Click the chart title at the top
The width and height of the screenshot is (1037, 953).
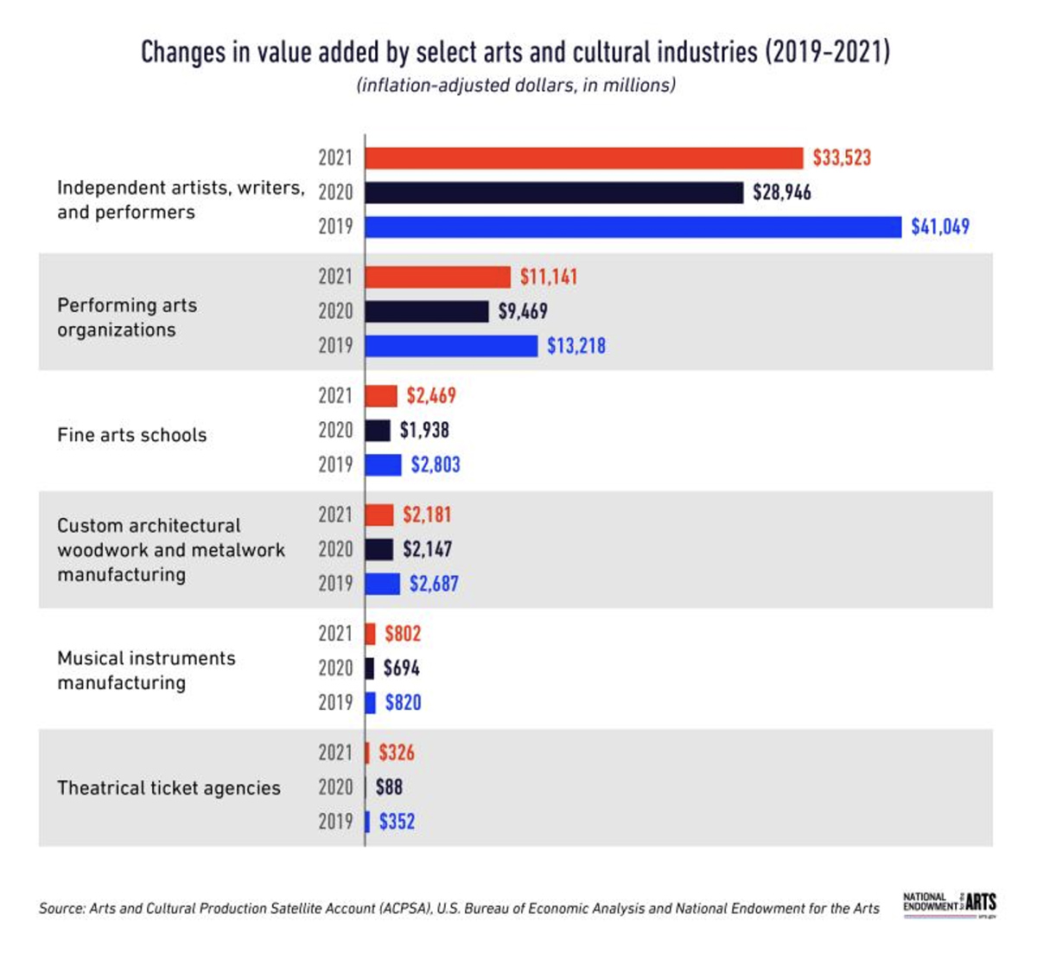(x=515, y=52)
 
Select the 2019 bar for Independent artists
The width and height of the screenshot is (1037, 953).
(x=633, y=227)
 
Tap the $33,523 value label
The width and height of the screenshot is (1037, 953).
(x=841, y=157)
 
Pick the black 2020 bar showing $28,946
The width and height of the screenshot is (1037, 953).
(x=553, y=192)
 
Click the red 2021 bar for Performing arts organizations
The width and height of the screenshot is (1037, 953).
(x=437, y=277)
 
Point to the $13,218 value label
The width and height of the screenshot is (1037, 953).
(x=576, y=346)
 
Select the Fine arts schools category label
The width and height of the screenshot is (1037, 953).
(x=131, y=435)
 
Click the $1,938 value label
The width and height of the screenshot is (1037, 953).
(x=423, y=430)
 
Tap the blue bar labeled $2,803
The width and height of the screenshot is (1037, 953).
(x=383, y=464)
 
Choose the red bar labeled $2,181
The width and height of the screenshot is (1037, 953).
(x=379, y=515)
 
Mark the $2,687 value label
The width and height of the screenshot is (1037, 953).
(x=433, y=584)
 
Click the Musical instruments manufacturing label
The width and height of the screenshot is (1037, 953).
(x=145, y=670)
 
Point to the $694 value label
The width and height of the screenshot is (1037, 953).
(x=401, y=668)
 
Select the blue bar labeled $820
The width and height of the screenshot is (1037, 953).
(x=370, y=702)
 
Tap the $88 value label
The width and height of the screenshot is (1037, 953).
(x=388, y=787)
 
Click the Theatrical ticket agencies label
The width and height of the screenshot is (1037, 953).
(x=169, y=788)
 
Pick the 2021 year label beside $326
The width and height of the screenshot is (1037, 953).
(x=335, y=752)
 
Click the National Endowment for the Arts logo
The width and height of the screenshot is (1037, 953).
(x=949, y=904)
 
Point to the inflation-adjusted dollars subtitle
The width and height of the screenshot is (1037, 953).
(x=515, y=85)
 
